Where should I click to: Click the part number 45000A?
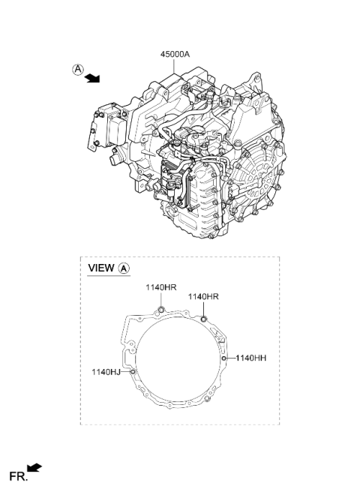coord(175,54)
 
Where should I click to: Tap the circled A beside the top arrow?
coord(78,69)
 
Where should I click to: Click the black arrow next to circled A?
coord(92,78)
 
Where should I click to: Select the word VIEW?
coord(101,268)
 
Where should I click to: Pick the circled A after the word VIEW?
coord(124,268)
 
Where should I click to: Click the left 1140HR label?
coord(160,287)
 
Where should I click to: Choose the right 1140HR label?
coord(203,296)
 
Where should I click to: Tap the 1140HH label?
coord(250,358)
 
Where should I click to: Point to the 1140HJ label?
coord(106,372)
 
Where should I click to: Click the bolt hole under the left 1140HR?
coord(161,310)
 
